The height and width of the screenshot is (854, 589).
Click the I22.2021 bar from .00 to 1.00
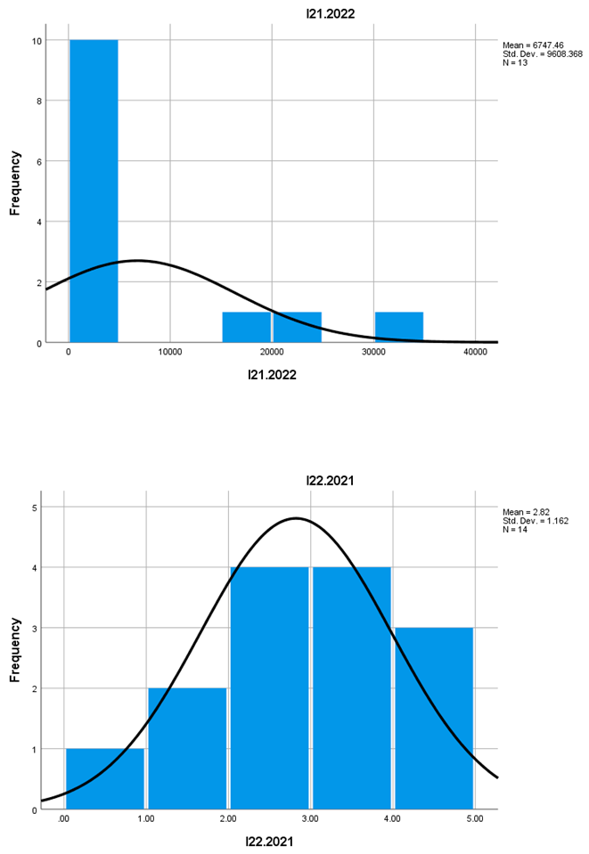click(x=105, y=778)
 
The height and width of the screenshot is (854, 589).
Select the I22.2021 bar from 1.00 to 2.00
click(x=187, y=748)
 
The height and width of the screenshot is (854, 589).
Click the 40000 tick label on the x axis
click(x=475, y=352)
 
